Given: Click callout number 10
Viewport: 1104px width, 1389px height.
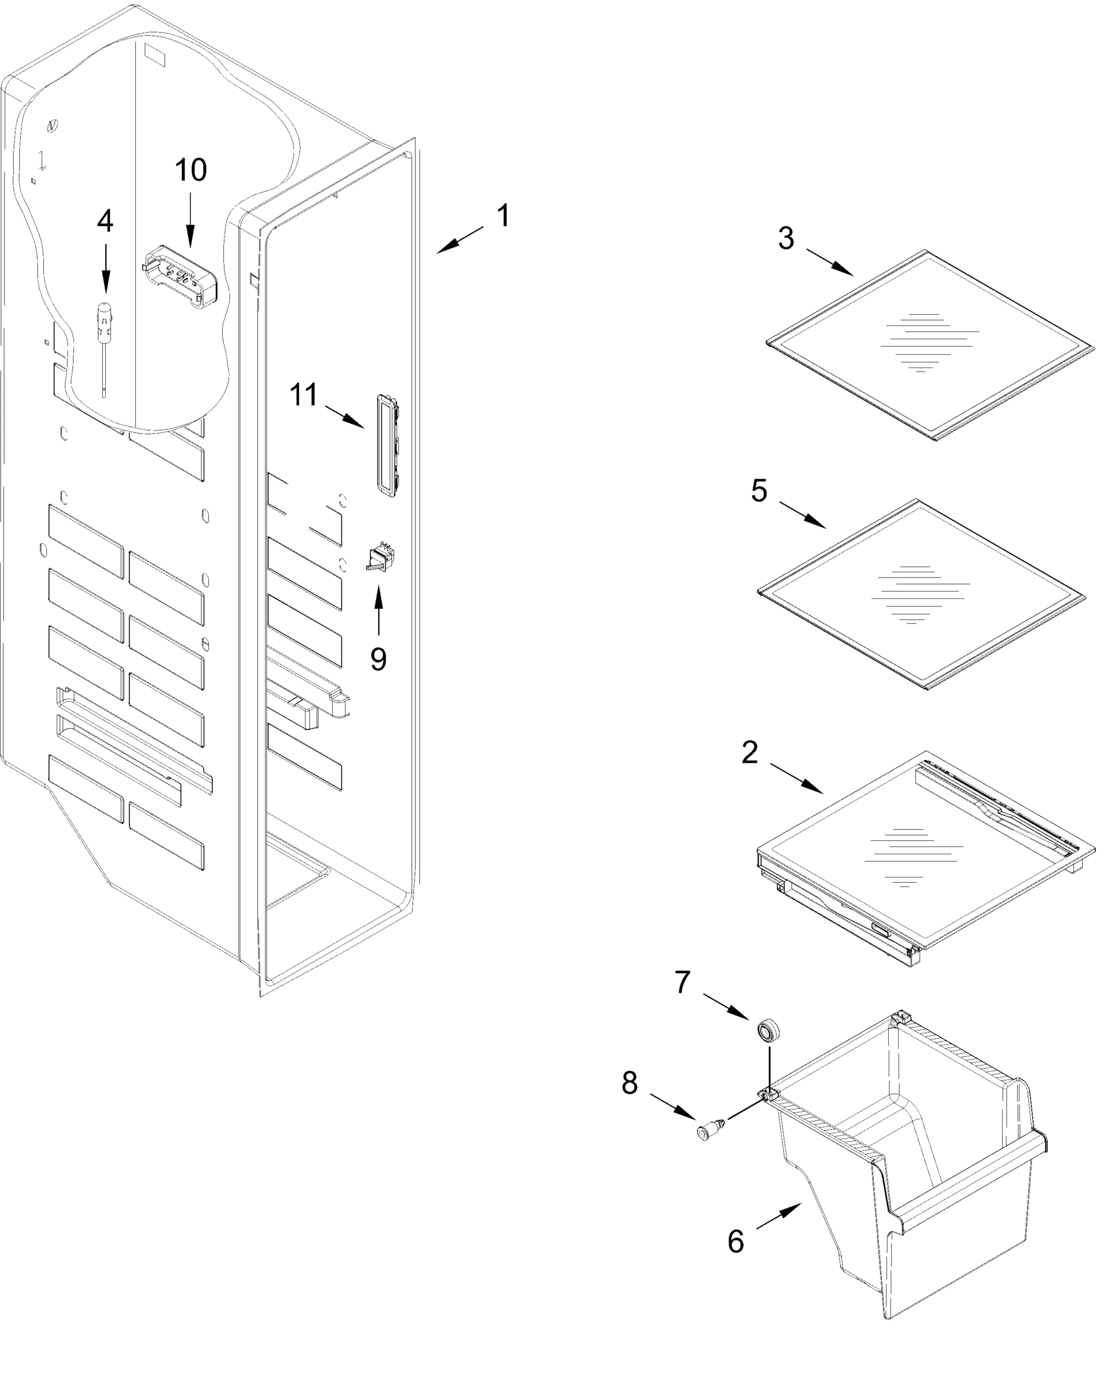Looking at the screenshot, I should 191,170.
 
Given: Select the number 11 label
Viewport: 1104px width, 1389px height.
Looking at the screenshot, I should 303,394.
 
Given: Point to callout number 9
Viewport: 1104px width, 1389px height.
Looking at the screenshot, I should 378,659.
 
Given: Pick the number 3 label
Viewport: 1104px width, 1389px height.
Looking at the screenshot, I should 786,238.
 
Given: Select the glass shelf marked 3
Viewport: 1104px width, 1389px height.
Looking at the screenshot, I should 929,345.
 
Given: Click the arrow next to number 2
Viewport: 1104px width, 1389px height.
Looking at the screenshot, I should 796,778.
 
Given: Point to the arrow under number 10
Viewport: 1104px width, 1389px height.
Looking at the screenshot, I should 190,222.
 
